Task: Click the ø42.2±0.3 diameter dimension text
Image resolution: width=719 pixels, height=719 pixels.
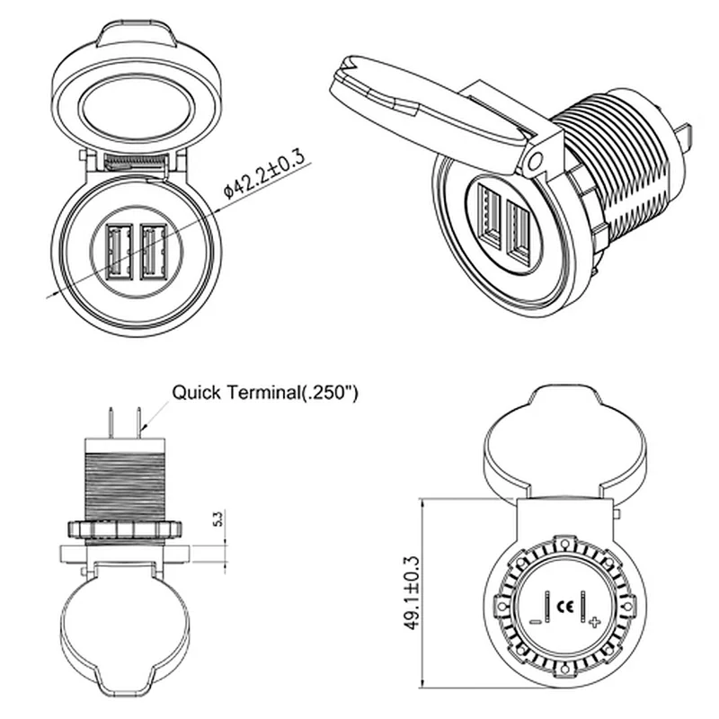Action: tap(264, 174)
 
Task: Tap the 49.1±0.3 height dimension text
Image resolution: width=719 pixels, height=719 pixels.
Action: tap(412, 593)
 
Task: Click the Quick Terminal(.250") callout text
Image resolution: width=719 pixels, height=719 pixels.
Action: tap(264, 393)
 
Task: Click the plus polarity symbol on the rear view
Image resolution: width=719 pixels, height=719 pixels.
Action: tap(594, 622)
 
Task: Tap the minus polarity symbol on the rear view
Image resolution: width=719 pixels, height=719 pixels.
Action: tap(536, 622)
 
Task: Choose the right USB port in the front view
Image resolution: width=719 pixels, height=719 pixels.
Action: tap(154, 252)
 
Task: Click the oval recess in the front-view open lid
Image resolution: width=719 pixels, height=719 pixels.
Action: tap(137, 109)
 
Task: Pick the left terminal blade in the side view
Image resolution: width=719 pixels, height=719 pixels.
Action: tap(111, 422)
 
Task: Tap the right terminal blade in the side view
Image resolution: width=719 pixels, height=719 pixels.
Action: tap(138, 422)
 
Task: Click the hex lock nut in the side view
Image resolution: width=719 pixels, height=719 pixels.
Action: tap(125, 529)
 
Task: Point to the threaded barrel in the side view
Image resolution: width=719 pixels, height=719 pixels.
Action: tap(125, 487)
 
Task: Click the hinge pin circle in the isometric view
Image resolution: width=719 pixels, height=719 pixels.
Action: tap(535, 162)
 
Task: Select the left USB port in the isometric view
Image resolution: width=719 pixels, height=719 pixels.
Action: tap(489, 216)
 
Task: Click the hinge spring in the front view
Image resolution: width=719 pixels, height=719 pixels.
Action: tap(134, 162)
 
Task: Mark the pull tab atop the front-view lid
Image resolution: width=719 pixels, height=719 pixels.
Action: tap(137, 33)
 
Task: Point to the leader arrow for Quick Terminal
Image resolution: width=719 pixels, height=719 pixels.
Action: tap(155, 416)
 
